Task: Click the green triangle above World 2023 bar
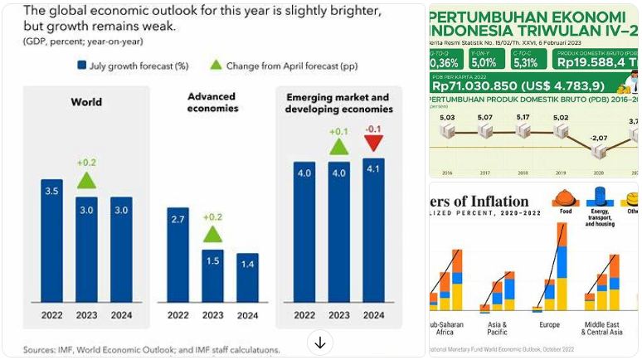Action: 87,180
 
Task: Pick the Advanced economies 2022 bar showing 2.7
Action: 178,253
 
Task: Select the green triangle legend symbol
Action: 216,64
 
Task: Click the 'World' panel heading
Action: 85,102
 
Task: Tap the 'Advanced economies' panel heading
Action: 213,102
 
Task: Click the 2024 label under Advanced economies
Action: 247,315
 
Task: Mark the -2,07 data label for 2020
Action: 600,137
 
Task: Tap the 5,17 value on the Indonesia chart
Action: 523,118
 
